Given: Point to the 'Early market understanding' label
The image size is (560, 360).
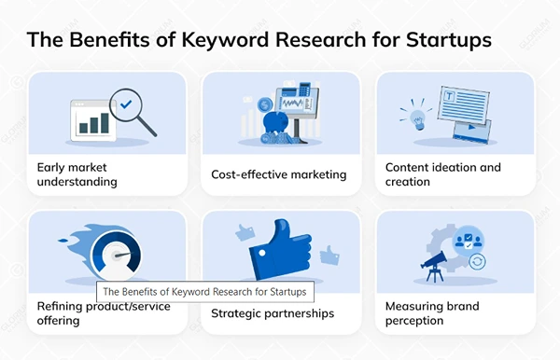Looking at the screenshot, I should coord(77,174).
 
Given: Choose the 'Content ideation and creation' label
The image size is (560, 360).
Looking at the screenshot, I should coord(443,174).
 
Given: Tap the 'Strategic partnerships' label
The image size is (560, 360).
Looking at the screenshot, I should coord(273,313).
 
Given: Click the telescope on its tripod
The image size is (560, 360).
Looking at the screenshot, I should coord(431,266).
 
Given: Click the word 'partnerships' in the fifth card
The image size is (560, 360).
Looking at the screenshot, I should coord(298,313).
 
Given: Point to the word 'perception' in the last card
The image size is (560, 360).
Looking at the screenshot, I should coord(417,321).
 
